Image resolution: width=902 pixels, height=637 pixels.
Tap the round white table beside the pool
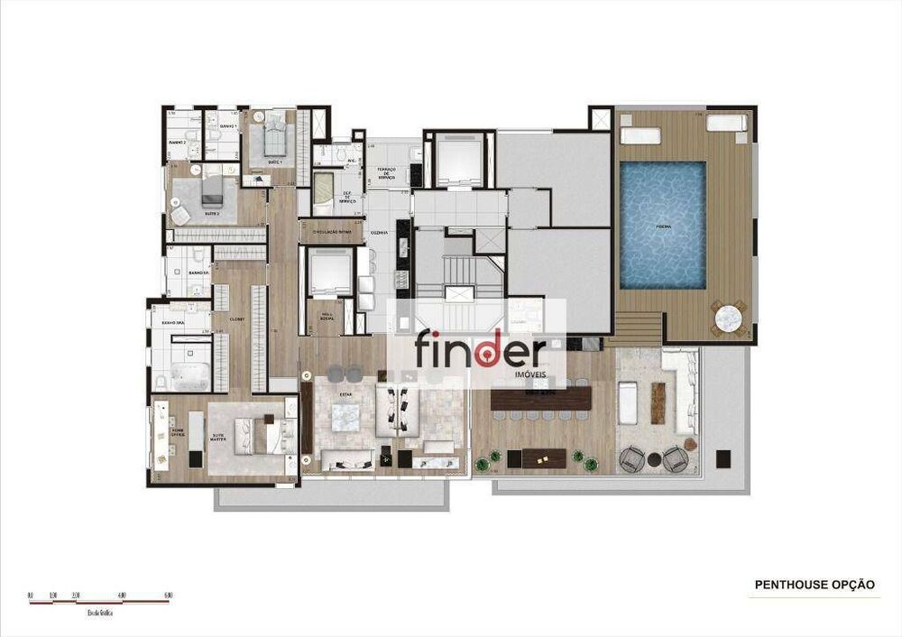click(728, 318)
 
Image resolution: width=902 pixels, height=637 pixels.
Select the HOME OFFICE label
click(178, 434)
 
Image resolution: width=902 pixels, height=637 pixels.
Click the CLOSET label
click(236, 318)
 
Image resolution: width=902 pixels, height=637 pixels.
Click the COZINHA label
click(379, 233)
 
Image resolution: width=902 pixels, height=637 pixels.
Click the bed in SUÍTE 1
click(274, 139)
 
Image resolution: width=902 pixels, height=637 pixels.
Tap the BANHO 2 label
click(177, 143)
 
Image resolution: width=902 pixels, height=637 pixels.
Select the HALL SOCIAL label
click(325, 314)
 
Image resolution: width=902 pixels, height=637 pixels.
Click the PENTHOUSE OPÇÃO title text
click(815, 585)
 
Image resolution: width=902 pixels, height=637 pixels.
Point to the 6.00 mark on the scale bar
click(169, 595)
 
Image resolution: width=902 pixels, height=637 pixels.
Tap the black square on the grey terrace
click(723, 456)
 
